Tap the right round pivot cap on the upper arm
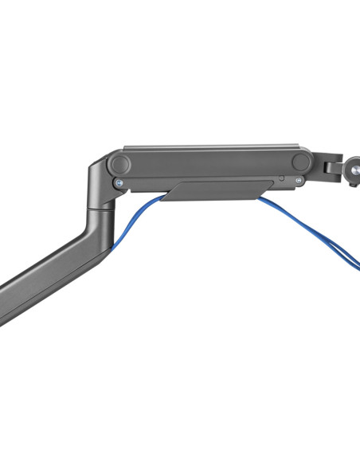coord(301,162)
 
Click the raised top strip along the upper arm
coord(211,148)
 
